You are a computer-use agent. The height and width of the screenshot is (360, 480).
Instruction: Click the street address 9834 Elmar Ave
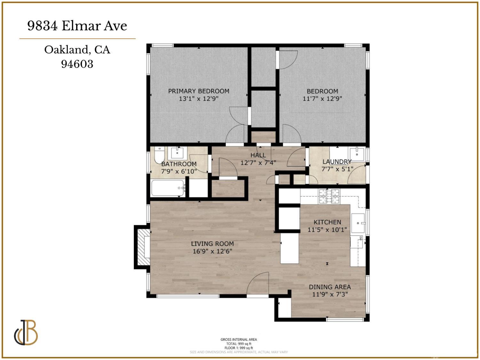[77, 26]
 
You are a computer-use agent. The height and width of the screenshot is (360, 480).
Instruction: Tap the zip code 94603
[77, 64]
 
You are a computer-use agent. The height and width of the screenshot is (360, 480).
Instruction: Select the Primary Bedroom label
[199, 91]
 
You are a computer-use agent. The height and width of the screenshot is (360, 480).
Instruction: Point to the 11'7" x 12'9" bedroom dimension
[322, 99]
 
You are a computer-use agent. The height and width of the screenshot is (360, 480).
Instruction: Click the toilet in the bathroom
[159, 156]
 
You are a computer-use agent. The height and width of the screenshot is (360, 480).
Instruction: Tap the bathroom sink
[177, 153]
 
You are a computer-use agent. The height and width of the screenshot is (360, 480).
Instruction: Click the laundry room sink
[357, 154]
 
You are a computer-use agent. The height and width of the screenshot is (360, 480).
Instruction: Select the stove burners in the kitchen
[329, 196]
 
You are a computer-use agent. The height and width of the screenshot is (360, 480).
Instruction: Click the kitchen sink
[358, 223]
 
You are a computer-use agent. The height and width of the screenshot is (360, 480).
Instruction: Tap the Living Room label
[212, 244]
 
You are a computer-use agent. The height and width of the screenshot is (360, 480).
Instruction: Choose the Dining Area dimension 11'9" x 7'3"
[330, 294]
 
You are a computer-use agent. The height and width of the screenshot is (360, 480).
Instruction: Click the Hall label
[258, 155]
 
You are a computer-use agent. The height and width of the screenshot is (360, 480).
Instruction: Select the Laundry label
[337, 162]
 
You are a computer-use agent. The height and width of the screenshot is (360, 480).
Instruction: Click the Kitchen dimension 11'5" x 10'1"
[327, 230]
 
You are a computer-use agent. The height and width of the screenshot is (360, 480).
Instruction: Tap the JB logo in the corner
[26, 332]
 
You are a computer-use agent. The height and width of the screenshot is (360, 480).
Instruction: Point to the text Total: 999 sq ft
[239, 344]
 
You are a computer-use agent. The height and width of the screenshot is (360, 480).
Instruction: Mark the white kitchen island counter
[290, 248]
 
